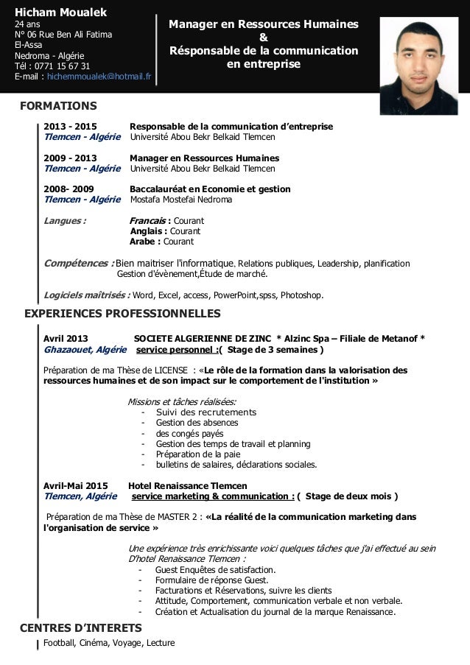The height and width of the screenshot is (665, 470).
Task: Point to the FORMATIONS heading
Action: coord(58,106)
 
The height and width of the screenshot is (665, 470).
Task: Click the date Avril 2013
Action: coord(66,339)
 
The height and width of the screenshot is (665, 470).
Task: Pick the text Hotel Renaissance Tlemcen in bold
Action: coord(188,486)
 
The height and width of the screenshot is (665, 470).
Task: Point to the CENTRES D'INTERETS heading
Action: coord(83,628)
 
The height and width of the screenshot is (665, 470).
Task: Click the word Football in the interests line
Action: coord(58,643)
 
